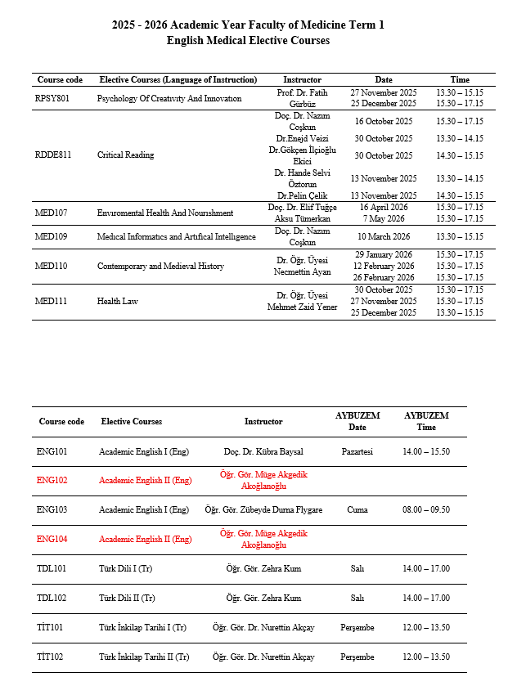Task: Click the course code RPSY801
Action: pyautogui.click(x=52, y=99)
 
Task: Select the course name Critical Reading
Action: pyautogui.click(x=125, y=155)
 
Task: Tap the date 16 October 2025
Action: pyautogui.click(x=383, y=121)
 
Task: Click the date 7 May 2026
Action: pyautogui.click(x=383, y=218)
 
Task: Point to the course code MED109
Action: pyautogui.click(x=53, y=237)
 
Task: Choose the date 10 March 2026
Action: pyautogui.click(x=383, y=237)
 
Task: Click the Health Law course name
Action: pyautogui.click(x=117, y=302)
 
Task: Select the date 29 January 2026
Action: pyautogui.click(x=383, y=255)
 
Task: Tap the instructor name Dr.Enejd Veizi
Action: pyautogui.click(x=302, y=138)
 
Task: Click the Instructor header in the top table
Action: pyautogui.click(x=302, y=80)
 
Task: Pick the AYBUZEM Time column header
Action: pyautogui.click(x=426, y=421)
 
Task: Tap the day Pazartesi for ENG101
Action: pyautogui.click(x=357, y=452)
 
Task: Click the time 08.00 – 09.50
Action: pyautogui.click(x=426, y=510)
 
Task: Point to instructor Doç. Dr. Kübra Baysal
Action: pyautogui.click(x=263, y=452)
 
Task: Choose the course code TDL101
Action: pyautogui.click(x=52, y=569)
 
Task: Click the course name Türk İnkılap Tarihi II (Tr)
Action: pyautogui.click(x=144, y=657)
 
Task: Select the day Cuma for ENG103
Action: pyautogui.click(x=357, y=510)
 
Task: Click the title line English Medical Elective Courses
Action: pyautogui.click(x=248, y=41)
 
